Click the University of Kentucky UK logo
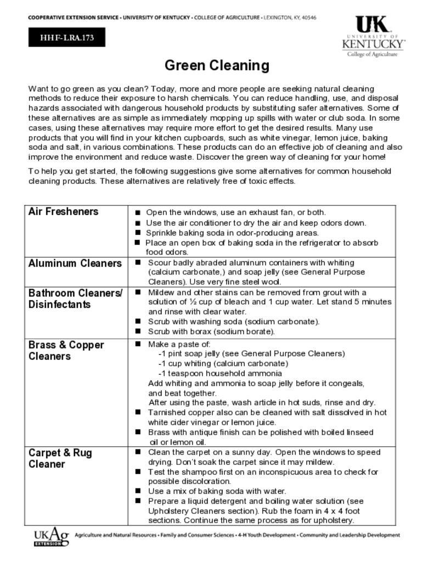(373, 35)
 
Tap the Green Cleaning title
(217, 66)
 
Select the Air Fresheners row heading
(63, 212)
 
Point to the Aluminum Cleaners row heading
(75, 263)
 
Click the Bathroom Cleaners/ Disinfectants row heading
(75, 299)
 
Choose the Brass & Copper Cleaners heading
(66, 351)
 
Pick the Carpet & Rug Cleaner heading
(60, 459)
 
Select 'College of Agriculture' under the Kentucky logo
(372, 54)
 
